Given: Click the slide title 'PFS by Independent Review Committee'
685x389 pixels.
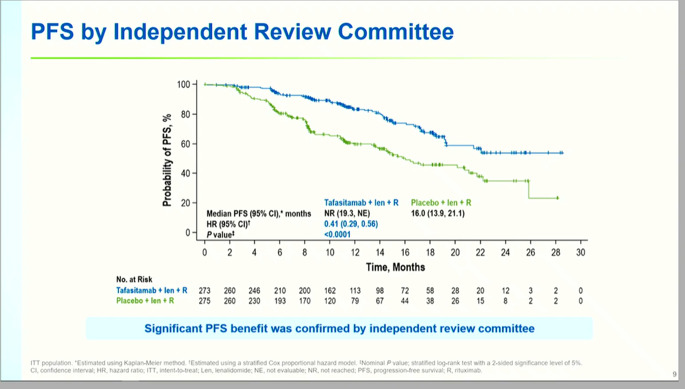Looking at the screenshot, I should (242, 32).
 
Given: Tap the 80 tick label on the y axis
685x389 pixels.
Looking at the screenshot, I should (186, 114).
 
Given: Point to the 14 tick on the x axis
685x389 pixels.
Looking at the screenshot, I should (380, 253).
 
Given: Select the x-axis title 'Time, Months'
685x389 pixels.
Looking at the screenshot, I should (395, 267).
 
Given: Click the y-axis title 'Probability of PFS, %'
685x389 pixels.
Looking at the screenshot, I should (168, 159).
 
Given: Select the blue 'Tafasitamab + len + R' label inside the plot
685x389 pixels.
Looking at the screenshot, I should (361, 203).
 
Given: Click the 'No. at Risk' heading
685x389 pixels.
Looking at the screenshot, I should (134, 279).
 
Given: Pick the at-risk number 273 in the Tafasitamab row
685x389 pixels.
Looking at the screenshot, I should (205, 290).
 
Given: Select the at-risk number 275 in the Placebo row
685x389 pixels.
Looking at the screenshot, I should (205, 301).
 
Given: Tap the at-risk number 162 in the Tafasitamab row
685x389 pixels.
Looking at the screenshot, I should (330, 290).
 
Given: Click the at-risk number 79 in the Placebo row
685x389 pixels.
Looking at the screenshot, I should (355, 301).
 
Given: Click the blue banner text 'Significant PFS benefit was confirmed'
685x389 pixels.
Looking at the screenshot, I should (339, 328).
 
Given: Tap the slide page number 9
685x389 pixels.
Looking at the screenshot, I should (674, 374).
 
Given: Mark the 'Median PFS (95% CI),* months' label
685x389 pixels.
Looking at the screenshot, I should (259, 213).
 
